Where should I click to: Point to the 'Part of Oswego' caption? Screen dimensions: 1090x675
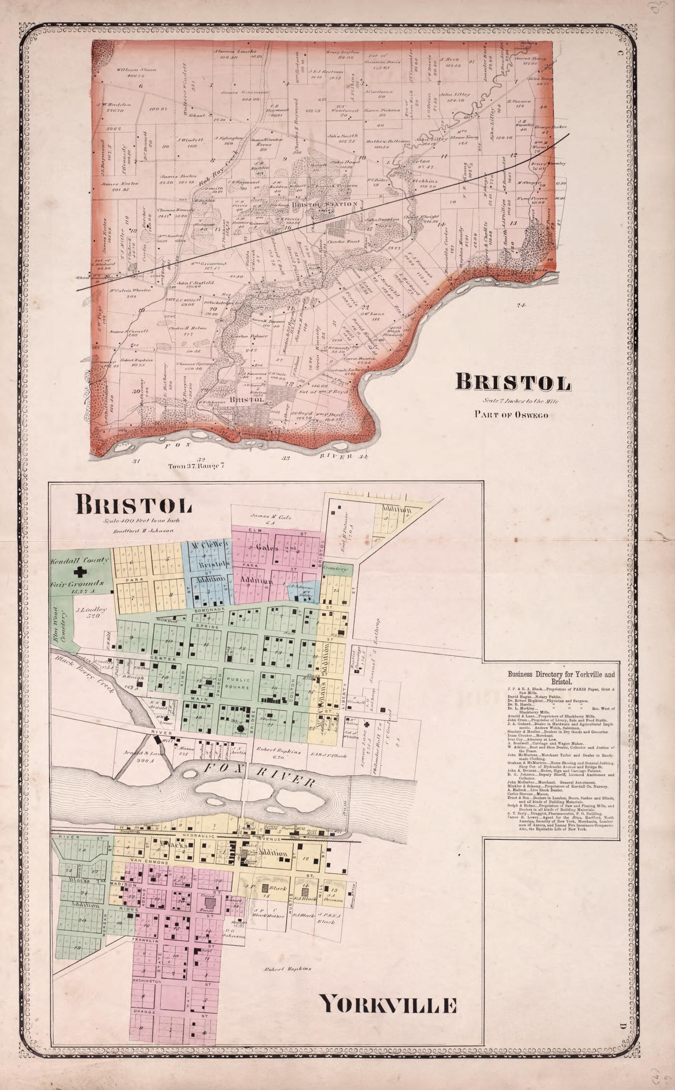[511, 414]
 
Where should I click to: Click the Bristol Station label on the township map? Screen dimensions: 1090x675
[324, 204]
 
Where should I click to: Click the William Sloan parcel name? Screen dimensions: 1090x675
[136, 70]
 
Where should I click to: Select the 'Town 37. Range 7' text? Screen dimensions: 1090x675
[196, 466]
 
